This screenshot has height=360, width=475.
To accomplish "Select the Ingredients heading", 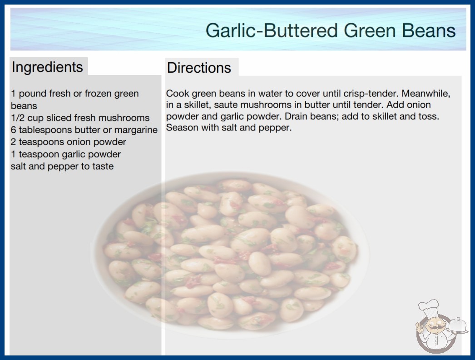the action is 47,67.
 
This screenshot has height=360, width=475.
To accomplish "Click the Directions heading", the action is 199,68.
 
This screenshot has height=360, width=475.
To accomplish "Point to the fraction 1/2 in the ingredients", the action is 18,118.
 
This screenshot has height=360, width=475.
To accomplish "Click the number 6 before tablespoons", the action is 13,130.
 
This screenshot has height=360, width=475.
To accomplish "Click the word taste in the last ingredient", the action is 103,166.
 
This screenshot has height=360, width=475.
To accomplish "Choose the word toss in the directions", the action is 429,116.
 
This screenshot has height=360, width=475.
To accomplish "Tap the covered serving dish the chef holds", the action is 458,326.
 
